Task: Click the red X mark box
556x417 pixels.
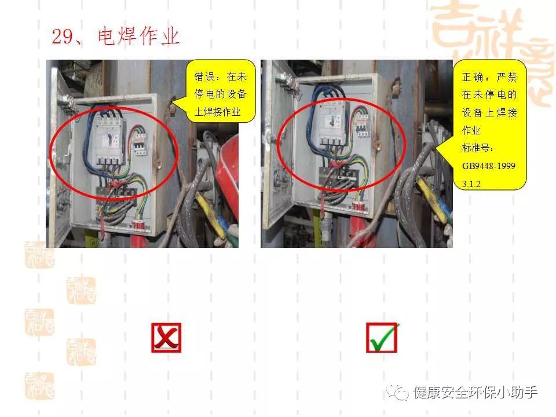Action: pyautogui.click(x=166, y=338)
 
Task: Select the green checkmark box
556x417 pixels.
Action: pyautogui.click(x=382, y=338)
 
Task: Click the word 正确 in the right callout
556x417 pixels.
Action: pyautogui.click(x=472, y=76)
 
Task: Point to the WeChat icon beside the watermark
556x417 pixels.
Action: pyautogui.click(x=400, y=392)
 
